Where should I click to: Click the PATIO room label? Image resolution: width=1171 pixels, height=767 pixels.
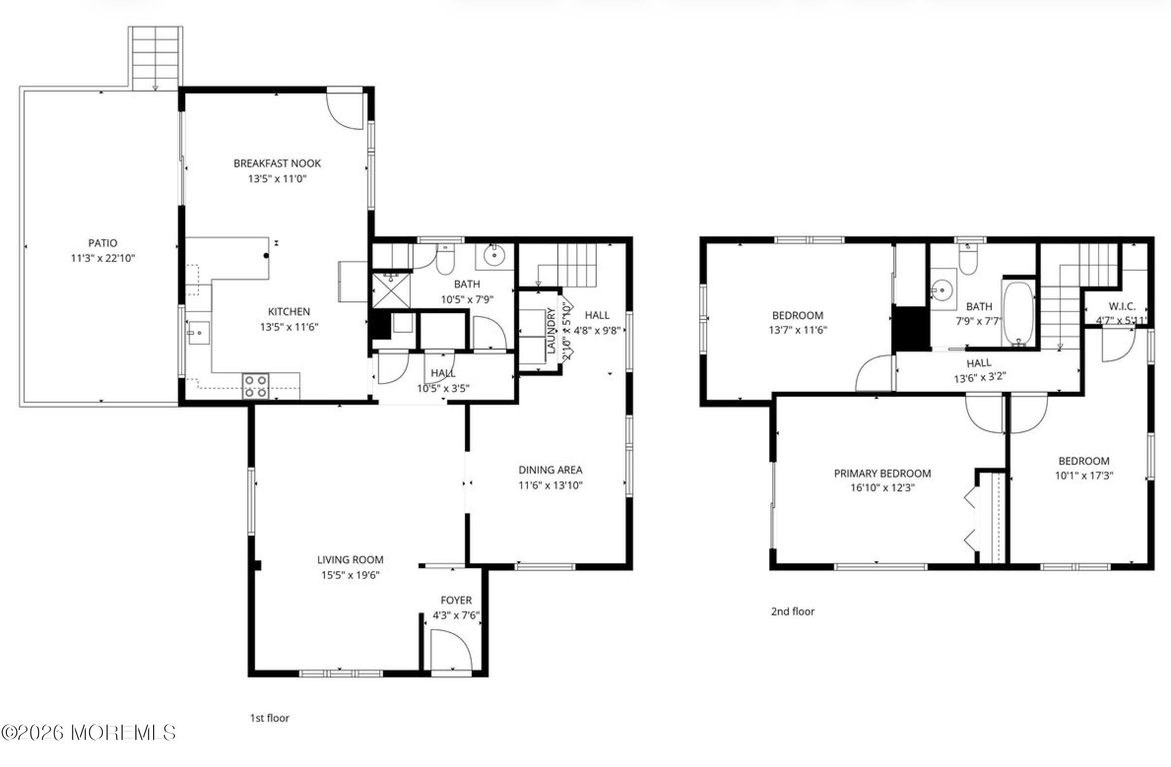[102, 243]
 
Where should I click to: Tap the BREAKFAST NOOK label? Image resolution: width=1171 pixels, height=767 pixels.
[277, 163]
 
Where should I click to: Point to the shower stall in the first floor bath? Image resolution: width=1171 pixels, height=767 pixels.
[390, 291]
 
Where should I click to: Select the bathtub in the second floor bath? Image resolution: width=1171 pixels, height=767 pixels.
[1018, 314]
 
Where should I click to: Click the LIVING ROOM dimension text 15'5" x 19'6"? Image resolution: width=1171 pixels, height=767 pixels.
[350, 575]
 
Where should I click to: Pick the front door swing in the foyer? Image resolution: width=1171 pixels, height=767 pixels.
[451, 650]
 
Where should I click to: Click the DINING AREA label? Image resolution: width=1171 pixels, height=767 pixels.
[550, 470]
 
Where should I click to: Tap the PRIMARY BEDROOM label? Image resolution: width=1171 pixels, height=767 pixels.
[882, 474]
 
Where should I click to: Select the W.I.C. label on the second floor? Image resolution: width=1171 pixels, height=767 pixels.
[1122, 306]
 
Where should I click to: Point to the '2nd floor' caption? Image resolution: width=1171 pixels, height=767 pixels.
[792, 611]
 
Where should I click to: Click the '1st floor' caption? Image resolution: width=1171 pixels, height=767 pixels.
[269, 718]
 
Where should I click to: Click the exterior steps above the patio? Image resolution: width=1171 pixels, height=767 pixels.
[156, 58]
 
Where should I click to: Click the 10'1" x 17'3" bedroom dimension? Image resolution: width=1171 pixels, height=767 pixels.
[1084, 476]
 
